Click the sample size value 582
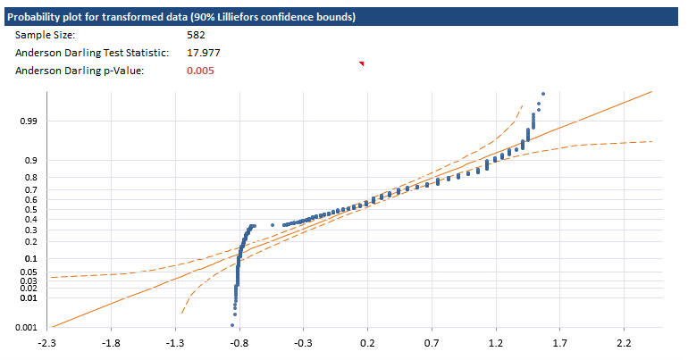(x=196, y=35)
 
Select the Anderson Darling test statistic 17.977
(x=203, y=53)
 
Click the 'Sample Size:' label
(x=45, y=35)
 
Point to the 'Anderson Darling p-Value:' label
(x=73, y=71)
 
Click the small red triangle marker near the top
(x=362, y=63)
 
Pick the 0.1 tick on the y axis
(x=29, y=260)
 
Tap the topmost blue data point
(x=542, y=93)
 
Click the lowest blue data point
(x=232, y=324)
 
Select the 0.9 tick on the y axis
(x=29, y=161)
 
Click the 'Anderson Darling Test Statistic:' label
(x=86, y=53)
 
